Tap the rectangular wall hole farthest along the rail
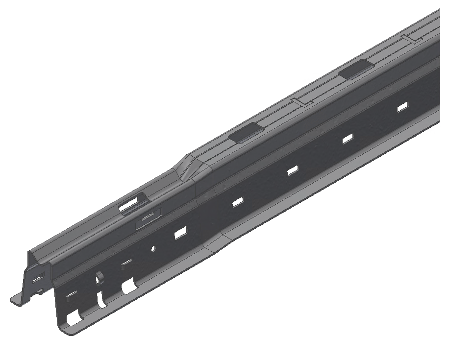[402, 107]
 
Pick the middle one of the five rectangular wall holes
[293, 170]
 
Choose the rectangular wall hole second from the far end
[348, 139]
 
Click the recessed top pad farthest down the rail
[355, 70]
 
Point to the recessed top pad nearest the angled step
[247, 132]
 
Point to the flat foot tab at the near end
[19, 298]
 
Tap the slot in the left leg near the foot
[37, 279]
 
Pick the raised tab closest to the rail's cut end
[71, 294]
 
